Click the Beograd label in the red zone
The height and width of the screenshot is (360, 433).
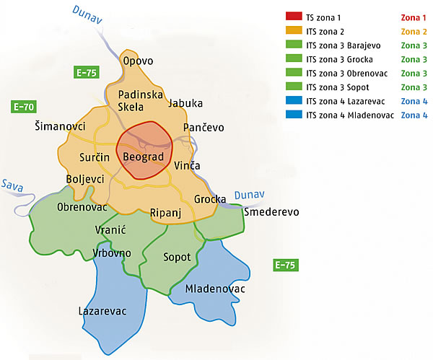tap(144, 157)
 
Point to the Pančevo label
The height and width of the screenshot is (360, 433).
tap(204, 128)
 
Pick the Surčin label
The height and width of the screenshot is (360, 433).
tap(94, 157)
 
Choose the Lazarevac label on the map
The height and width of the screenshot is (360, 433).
tap(102, 312)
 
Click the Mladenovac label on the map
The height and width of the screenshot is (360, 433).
tap(215, 289)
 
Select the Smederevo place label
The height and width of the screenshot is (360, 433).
tap(271, 213)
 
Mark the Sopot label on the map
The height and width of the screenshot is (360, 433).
tap(178, 257)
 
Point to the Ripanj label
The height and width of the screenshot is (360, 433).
tap(167, 212)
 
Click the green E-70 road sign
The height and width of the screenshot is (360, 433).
tap(25, 107)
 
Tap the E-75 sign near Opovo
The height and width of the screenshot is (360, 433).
tap(87, 72)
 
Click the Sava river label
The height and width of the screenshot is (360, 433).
tap(12, 185)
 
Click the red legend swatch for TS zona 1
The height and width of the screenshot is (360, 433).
tap(293, 16)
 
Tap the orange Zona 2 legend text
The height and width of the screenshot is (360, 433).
tap(414, 32)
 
